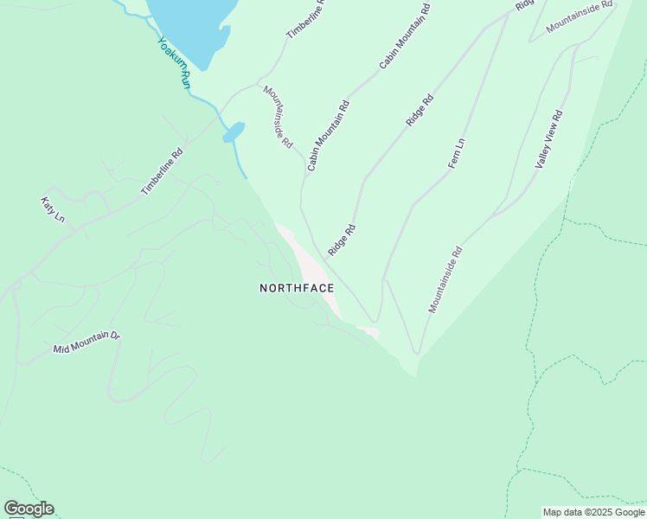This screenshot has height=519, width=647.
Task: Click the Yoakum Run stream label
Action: (174, 61)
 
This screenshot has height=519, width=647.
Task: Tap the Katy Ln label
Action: (53, 208)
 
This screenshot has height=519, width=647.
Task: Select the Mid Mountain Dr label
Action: (86, 342)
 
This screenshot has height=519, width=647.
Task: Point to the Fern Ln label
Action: (456, 153)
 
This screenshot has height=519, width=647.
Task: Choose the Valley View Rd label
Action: (549, 138)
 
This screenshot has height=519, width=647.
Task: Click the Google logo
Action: (29, 509)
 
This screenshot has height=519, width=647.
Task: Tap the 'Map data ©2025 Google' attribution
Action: (593, 512)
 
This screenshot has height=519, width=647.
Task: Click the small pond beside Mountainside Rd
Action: (234, 131)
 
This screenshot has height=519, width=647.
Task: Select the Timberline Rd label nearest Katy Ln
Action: (163, 171)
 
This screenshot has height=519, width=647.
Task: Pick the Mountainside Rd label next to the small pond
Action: (278, 117)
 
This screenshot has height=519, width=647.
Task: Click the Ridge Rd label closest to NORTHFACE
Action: (342, 240)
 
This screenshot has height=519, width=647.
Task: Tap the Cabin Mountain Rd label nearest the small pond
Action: (328, 134)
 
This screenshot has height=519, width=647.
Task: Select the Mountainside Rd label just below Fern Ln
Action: (445, 279)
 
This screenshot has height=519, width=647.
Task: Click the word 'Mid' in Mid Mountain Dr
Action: (61, 349)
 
